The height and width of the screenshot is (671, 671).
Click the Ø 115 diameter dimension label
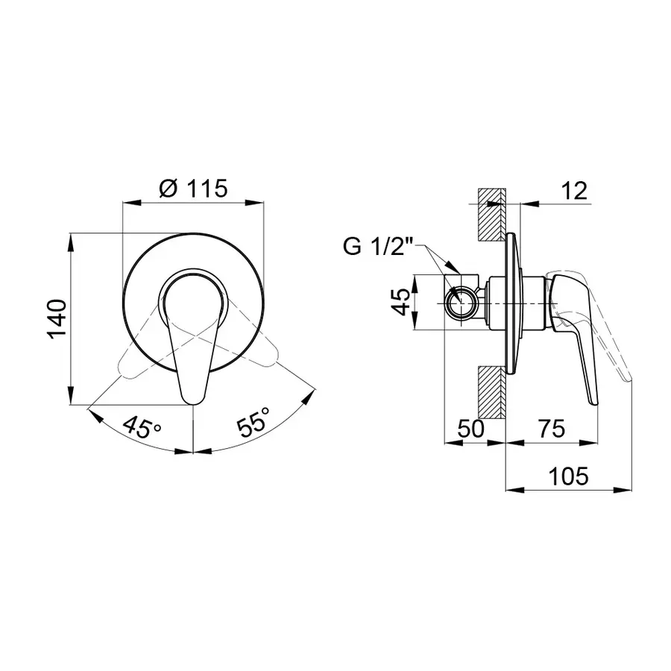pyautogui.click(x=193, y=189)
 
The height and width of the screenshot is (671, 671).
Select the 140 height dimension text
pyautogui.click(x=57, y=319)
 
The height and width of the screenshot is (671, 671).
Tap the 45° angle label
pyautogui.click(x=142, y=427)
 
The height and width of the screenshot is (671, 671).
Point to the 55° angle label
pyautogui.click(x=254, y=422)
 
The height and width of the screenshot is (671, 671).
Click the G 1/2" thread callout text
pyautogui.click(x=378, y=247)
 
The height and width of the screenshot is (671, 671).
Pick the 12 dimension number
pyautogui.click(x=574, y=191)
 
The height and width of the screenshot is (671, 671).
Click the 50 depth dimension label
pyautogui.click(x=470, y=429)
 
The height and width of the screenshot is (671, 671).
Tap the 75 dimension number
pyautogui.click(x=552, y=429)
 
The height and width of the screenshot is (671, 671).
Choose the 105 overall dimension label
pyautogui.click(x=568, y=476)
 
